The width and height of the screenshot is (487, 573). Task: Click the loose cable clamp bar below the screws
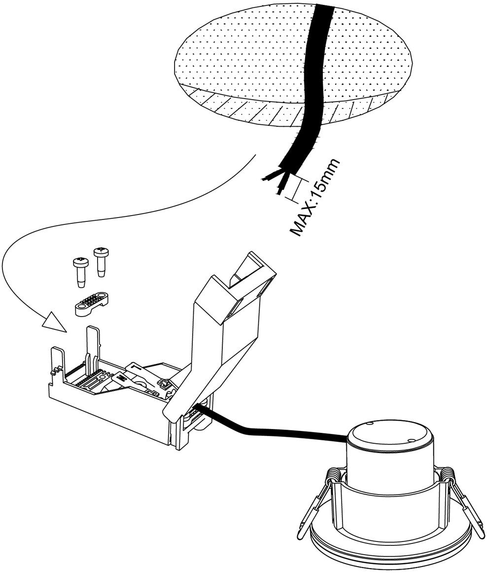point(92,302)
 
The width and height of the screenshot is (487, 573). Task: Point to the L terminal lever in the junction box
point(136,367)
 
